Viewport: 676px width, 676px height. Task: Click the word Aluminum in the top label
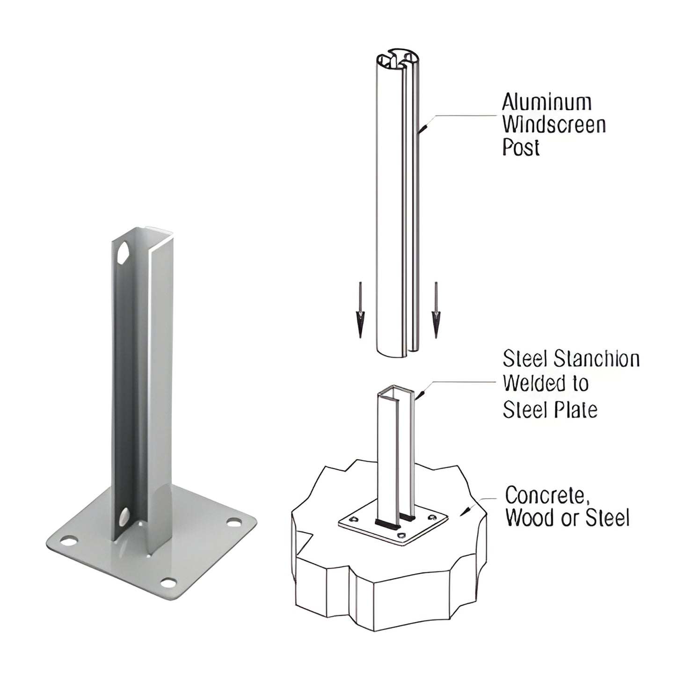pyautogui.click(x=546, y=102)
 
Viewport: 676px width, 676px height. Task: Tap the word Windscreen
pyautogui.click(x=554, y=125)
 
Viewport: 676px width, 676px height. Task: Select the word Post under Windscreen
pyautogui.click(x=521, y=147)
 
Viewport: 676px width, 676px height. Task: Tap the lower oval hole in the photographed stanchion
pyautogui.click(x=124, y=516)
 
